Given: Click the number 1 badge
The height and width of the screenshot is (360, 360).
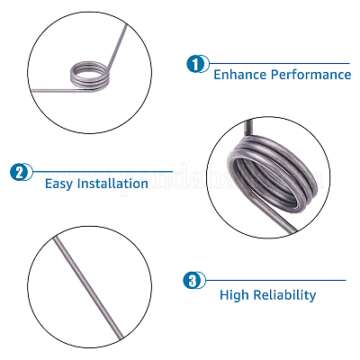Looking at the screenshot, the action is tap(195, 64).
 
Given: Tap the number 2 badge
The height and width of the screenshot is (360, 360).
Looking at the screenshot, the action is tap(19, 172).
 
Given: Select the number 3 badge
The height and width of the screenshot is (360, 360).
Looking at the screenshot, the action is tap(192, 281).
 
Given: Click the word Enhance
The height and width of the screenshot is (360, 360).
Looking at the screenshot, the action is tap(240, 75).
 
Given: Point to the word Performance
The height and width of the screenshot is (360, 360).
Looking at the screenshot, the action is tap(310, 75).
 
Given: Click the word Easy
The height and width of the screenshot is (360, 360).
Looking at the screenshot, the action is tap(58, 184).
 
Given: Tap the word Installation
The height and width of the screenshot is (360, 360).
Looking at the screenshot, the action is tap(112, 184).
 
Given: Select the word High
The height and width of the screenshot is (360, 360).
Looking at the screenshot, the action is tap(235, 295).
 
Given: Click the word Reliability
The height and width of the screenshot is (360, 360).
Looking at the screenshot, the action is tap(284, 295).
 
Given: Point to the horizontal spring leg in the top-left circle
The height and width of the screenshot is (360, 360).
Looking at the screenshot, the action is tap(52, 90).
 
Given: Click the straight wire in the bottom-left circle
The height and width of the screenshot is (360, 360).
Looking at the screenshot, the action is tap(88, 287).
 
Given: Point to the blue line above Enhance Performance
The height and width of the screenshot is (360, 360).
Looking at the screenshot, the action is tap(279, 64).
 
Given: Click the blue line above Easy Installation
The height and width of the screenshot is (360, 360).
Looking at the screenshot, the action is tap(102, 172).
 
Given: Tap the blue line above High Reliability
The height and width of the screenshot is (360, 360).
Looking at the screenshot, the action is tap(275, 281).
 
